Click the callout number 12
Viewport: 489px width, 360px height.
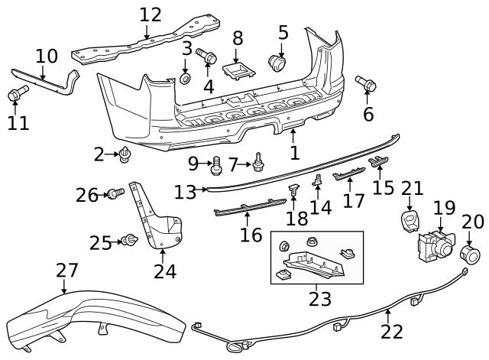151,14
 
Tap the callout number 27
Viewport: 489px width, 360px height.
67,271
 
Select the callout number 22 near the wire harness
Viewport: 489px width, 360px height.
391,332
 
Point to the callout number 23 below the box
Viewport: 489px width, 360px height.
320,298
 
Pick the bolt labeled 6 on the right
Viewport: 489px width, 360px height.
365,84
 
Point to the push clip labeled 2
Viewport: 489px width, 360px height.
125,155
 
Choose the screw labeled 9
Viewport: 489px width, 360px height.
215,163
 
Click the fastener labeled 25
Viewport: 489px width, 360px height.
130,242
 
